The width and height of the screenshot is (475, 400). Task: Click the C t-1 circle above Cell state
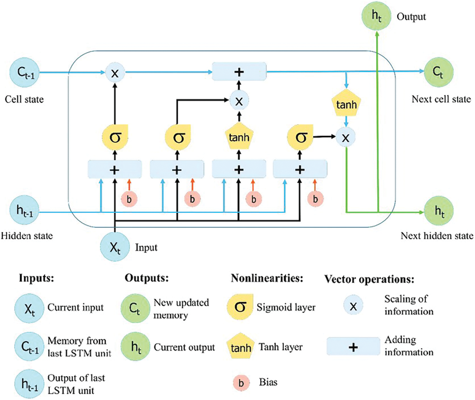point(25,73)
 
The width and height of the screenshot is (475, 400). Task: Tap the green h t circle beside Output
point(377,16)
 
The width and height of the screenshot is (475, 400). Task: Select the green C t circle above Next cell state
point(438,72)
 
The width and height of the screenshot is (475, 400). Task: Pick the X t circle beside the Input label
point(115,247)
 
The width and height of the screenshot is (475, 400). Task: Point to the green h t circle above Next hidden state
point(439,211)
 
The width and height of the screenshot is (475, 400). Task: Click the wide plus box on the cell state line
point(239,72)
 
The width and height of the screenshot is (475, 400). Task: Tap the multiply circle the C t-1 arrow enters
point(115,73)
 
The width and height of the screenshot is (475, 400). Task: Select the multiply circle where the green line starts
point(346,137)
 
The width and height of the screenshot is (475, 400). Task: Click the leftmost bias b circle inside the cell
point(129,199)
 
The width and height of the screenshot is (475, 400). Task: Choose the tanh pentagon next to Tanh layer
point(240,347)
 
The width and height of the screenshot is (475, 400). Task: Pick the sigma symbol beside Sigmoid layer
point(240,307)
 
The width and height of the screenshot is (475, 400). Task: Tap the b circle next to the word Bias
point(241,383)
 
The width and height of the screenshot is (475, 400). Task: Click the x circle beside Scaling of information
point(353,306)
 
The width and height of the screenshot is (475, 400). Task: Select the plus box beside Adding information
point(353,347)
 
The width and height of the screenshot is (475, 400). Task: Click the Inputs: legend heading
point(37,278)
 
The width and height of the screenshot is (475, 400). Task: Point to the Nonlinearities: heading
point(267,278)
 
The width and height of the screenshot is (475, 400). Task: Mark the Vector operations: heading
point(369,279)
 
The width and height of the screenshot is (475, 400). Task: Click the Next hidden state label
point(437,236)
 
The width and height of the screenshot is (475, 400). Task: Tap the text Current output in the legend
point(184,347)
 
